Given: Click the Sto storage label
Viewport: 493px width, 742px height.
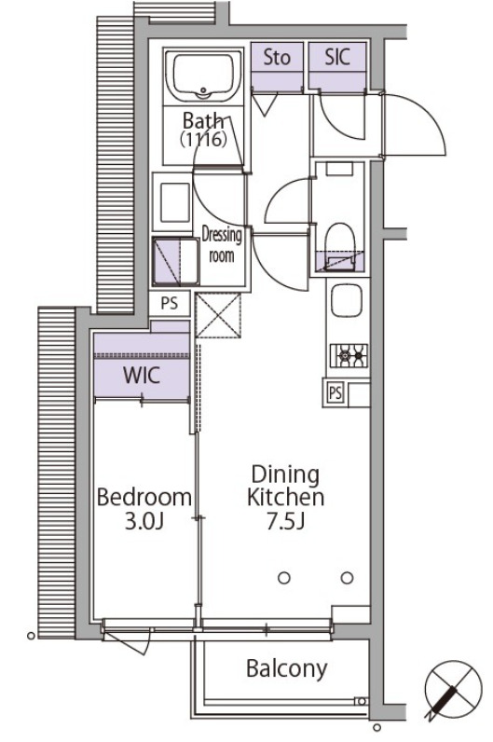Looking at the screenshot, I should tap(277, 58).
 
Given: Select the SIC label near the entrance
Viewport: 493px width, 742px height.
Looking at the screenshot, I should tap(337, 58).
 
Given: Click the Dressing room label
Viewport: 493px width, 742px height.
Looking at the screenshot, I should tap(222, 245).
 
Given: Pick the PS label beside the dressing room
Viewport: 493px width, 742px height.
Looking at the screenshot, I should tap(170, 304).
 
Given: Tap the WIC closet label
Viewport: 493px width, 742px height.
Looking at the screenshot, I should tap(142, 378).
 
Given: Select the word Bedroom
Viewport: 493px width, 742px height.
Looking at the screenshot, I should tap(144, 497).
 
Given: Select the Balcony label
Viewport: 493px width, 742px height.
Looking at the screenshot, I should tap(286, 668).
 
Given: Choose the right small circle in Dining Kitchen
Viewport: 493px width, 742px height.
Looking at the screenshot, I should tap(347, 578).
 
